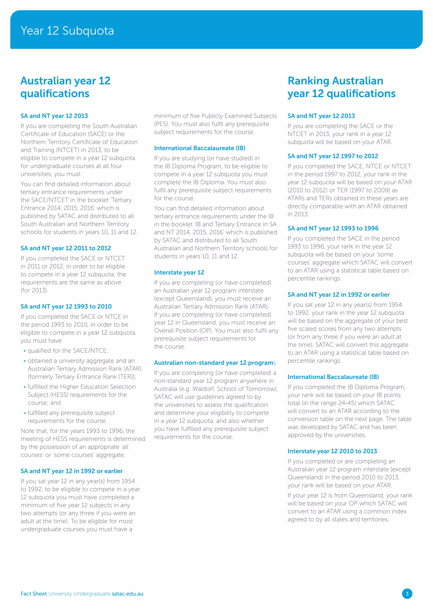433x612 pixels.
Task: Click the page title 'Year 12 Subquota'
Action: (x=67, y=31)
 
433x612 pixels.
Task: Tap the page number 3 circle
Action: (x=407, y=594)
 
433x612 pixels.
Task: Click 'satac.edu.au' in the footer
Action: (x=127, y=594)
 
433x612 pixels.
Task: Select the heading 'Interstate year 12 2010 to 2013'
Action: (x=332, y=451)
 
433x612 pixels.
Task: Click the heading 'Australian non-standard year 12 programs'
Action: (x=215, y=363)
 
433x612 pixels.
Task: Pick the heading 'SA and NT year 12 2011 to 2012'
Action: (x=66, y=248)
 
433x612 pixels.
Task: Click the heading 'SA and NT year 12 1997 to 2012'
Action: (x=333, y=156)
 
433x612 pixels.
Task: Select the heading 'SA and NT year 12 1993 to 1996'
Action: (x=333, y=228)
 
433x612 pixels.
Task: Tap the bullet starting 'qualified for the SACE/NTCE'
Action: (x=68, y=351)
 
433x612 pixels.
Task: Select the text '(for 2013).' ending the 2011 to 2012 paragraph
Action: (x=34, y=290)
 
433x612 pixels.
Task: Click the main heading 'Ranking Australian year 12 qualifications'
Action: (x=341, y=87)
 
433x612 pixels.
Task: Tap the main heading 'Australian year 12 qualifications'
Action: (x=65, y=87)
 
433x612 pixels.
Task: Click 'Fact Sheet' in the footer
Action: (x=34, y=594)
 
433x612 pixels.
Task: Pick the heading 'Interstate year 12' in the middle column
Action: (x=179, y=272)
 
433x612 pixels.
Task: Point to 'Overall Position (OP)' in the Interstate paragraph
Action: (x=183, y=331)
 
